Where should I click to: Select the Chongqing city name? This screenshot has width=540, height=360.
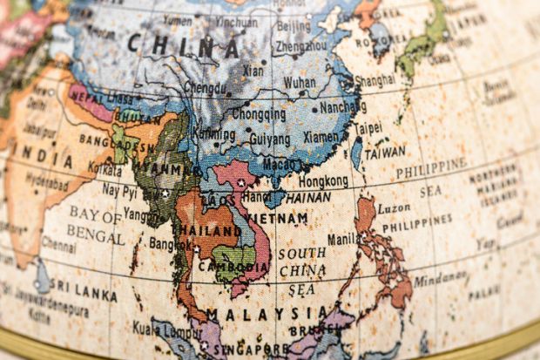(x=259, y=113)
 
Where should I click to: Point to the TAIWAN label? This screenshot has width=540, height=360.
(x=384, y=151)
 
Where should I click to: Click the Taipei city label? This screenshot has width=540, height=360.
(x=367, y=126)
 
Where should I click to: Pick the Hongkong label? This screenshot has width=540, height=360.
(x=323, y=181)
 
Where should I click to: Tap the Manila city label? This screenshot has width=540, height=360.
(x=345, y=238)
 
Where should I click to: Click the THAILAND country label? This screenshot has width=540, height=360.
(x=208, y=230)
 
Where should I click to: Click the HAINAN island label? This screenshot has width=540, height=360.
(x=307, y=198)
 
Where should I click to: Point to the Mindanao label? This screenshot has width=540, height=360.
(x=440, y=282)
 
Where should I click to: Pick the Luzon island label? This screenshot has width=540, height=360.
(x=393, y=208)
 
